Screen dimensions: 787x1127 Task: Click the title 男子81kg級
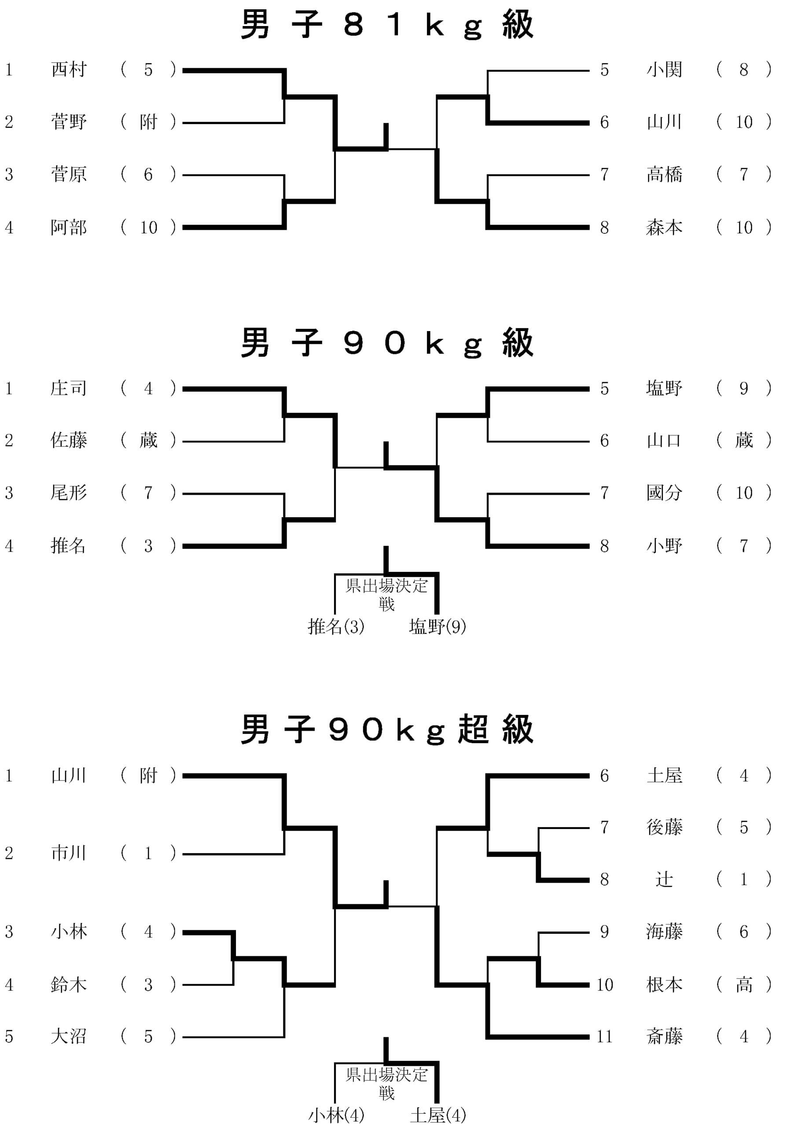[386, 25]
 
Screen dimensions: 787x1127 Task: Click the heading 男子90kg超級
[386, 729]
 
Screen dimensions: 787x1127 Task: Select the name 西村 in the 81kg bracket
[69, 70]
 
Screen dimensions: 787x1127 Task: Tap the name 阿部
[69, 227]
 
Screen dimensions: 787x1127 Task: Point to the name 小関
[664, 70]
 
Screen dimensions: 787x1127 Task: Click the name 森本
[664, 227]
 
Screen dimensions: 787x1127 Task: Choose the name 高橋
[664, 174]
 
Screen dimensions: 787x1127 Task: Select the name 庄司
[69, 388]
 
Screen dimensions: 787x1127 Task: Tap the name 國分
[664, 492]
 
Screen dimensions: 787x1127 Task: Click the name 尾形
[69, 492]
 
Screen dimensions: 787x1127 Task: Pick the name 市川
[69, 853]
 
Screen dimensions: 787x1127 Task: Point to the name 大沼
[69, 1036]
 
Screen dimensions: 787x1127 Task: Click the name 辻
[664, 879]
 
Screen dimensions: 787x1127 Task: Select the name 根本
[664, 984]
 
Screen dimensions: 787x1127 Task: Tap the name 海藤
[664, 931]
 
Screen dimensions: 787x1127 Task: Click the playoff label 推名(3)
[336, 626]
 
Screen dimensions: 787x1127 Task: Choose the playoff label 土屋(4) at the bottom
[438, 1115]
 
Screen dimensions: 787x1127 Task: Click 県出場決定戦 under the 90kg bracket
[386, 594]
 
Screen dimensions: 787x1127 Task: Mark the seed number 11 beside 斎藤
[604, 1036]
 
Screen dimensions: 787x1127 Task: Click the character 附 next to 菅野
[148, 122]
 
